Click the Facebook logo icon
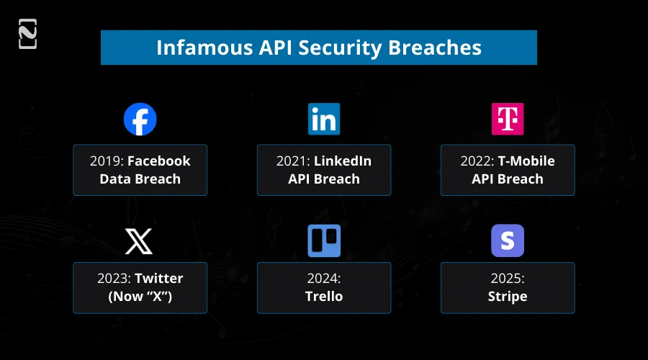tap(140, 120)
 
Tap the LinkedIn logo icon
tap(324, 120)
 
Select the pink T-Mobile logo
tap(508, 120)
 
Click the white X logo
tap(140, 241)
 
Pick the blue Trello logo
tap(324, 241)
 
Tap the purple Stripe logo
tap(508, 241)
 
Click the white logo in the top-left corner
tap(27, 35)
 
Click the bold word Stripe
tap(508, 297)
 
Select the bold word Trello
tap(324, 297)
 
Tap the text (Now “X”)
tap(140, 297)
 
